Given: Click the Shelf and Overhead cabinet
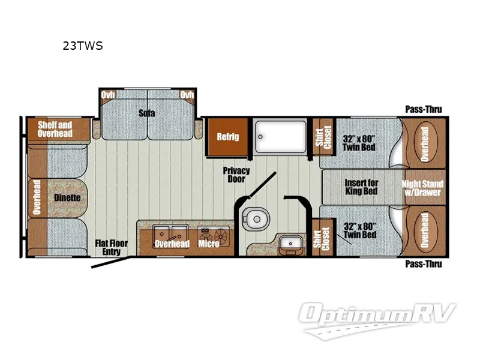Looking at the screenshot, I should point(55,128).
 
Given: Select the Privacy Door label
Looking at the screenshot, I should point(236,175).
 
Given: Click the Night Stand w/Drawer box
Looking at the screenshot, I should point(422,188).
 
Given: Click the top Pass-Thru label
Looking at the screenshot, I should point(423,109).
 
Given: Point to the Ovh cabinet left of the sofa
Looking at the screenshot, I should point(109,95).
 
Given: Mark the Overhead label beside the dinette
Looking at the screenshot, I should point(37,198).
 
